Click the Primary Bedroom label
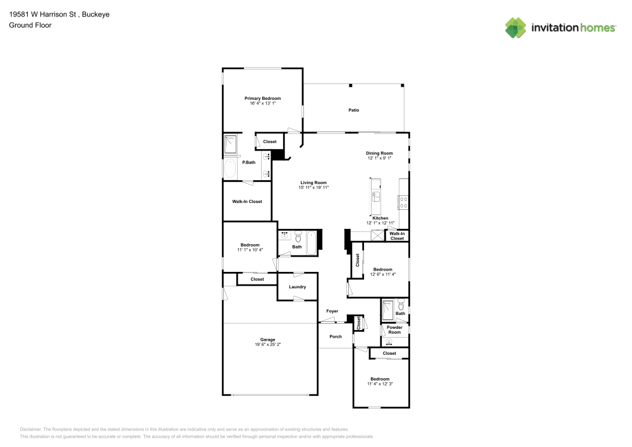[x=262, y=99]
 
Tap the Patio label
[x=354, y=111]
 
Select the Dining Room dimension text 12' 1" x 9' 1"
[x=379, y=158]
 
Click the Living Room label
[x=313, y=183]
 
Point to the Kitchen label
[x=380, y=218]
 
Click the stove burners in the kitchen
[x=403, y=202]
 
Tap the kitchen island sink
[x=376, y=195]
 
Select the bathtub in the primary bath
[x=230, y=169]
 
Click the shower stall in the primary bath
[x=231, y=145]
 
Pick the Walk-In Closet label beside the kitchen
[x=397, y=236]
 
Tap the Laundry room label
[x=297, y=287]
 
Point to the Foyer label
[x=332, y=311]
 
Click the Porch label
[x=335, y=336]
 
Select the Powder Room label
[x=394, y=329]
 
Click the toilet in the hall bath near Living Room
[x=298, y=238]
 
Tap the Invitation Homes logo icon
[x=516, y=27]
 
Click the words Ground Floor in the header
[x=30, y=25]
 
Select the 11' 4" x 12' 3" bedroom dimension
[x=380, y=384]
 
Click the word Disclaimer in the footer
[x=31, y=429]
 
